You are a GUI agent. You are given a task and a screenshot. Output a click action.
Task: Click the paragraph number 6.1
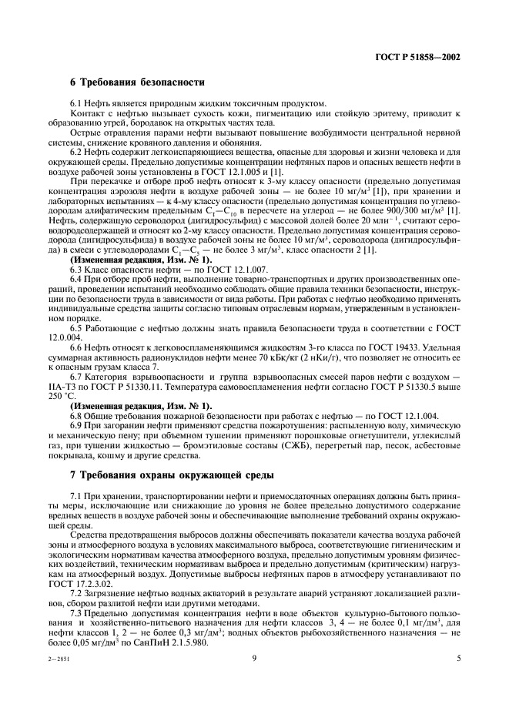click(x=77, y=104)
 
